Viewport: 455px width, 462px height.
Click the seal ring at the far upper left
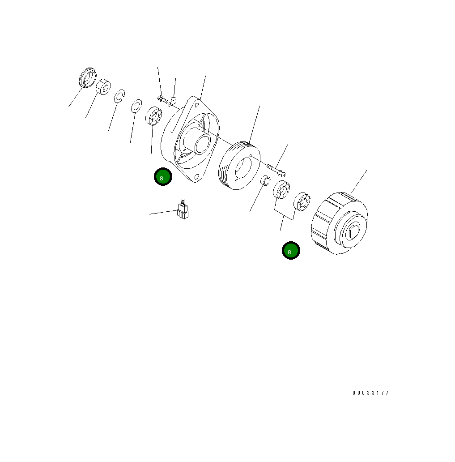pyautogui.click(x=87, y=77)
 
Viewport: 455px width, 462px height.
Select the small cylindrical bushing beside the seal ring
pyautogui.click(x=103, y=87)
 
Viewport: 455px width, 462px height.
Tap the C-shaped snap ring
pyautogui.click(x=119, y=97)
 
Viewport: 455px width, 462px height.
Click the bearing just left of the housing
pyautogui.click(x=153, y=117)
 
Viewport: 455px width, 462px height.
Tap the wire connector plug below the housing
pyautogui.click(x=183, y=211)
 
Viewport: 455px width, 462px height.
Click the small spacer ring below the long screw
pyautogui.click(x=265, y=181)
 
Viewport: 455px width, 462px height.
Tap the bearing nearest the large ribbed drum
pyautogui.click(x=302, y=201)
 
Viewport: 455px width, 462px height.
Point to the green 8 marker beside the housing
pyautogui.click(x=163, y=177)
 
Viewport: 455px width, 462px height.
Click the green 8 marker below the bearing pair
pyautogui.click(x=290, y=251)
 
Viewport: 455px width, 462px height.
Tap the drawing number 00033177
pyautogui.click(x=370, y=393)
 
